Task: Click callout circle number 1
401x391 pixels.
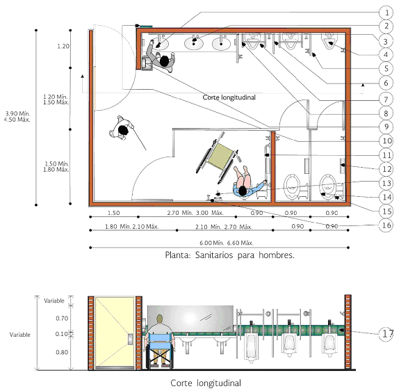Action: (386, 13)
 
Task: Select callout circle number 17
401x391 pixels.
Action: (386, 334)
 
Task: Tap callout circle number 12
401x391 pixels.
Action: (386, 169)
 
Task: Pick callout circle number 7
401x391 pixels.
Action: (386, 99)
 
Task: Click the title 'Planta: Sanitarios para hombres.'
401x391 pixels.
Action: (229, 255)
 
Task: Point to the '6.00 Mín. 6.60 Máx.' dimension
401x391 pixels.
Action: (227, 243)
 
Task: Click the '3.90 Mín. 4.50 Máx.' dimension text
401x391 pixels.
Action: (17, 116)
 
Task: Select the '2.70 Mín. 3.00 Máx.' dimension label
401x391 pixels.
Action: (195, 213)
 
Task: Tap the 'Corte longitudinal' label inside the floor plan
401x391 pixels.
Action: (229, 97)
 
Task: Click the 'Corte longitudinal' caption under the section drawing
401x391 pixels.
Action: (206, 383)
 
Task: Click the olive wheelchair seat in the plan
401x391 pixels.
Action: (220, 157)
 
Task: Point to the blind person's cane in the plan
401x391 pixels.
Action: (139, 138)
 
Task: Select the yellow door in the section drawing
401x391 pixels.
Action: (115, 332)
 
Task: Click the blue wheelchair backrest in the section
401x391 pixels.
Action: (159, 337)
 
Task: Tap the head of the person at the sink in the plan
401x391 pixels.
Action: (164, 61)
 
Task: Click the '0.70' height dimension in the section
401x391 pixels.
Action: (62, 318)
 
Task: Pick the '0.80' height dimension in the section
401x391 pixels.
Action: (62, 352)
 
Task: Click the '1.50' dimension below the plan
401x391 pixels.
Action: (113, 213)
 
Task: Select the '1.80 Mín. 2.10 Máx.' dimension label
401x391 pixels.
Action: (132, 227)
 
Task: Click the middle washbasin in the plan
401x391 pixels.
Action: (194, 43)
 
